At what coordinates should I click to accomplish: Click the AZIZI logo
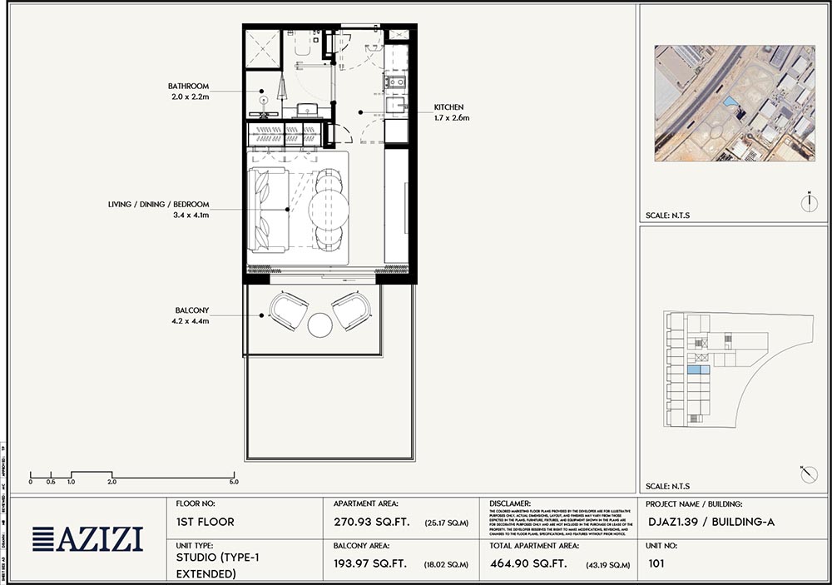[x=87, y=539]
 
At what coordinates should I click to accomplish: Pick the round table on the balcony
[x=320, y=324]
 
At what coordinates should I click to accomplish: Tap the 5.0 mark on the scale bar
[x=234, y=482]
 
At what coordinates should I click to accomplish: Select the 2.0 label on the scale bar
[x=111, y=482]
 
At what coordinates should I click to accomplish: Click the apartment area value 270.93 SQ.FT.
[x=369, y=523]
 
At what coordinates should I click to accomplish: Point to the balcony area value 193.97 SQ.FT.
[x=369, y=564]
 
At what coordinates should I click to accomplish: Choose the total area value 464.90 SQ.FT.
[x=527, y=564]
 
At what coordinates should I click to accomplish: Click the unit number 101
[x=656, y=564]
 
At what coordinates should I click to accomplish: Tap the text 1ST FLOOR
[x=205, y=523]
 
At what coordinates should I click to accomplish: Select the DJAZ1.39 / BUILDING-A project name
[x=710, y=523]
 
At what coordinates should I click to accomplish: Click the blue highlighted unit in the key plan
[x=698, y=369]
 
